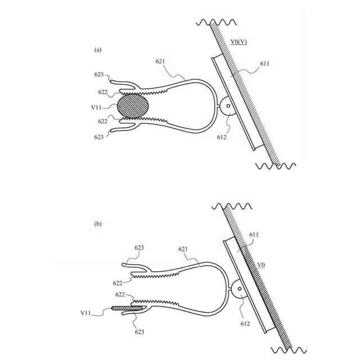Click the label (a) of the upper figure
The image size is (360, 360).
(98, 50)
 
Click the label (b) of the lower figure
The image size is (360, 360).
(98, 224)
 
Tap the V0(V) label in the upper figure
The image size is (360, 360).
(238, 42)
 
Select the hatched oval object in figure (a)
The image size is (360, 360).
(133, 106)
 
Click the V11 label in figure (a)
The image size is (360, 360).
(96, 107)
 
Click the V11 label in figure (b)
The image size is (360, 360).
(85, 313)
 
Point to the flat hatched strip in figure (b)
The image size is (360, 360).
(128, 308)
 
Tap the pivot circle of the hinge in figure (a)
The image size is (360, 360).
(228, 106)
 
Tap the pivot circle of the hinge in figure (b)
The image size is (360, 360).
(240, 289)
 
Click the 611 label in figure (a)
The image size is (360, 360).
(264, 64)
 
